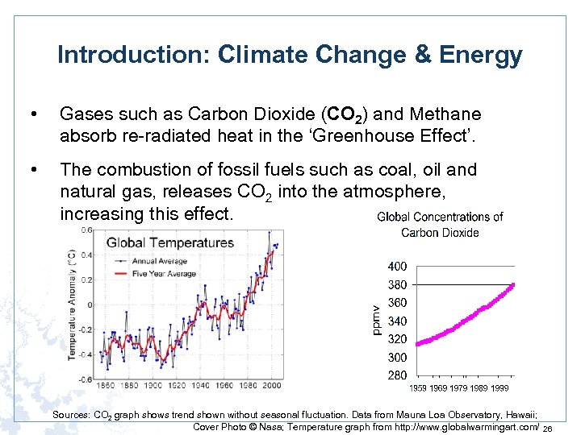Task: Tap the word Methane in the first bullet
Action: click(x=444, y=114)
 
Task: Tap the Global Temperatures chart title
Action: click(x=169, y=242)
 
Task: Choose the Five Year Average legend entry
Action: click(x=164, y=273)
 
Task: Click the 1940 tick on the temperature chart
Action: click(x=202, y=385)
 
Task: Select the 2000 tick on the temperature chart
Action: click(x=273, y=385)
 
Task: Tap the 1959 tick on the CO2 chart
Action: click(x=418, y=388)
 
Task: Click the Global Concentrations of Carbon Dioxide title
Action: click(x=441, y=225)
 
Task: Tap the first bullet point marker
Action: click(x=32, y=114)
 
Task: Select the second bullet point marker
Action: click(x=32, y=170)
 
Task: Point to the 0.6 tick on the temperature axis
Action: click(x=86, y=230)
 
